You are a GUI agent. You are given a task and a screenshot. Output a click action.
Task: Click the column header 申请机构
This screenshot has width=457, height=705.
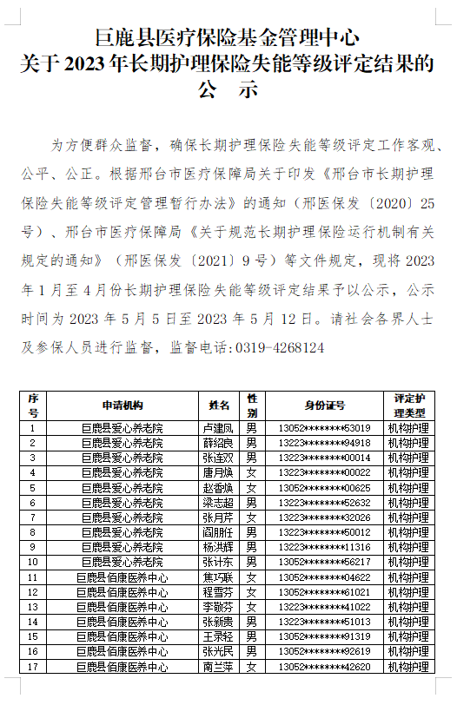coord(122,405)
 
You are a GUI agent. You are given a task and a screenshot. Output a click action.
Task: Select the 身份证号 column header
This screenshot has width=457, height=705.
coord(324,405)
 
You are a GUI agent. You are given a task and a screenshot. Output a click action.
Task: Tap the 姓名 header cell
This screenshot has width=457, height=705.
coord(219,405)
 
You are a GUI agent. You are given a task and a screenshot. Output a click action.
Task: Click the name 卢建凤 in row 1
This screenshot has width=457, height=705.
coord(219,428)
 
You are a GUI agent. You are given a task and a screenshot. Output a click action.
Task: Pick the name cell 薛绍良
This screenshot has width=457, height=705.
coord(219,443)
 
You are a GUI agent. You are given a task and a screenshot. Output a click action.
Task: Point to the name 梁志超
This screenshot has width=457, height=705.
coord(219,503)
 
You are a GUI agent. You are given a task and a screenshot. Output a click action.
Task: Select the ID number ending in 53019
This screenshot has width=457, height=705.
coord(324,428)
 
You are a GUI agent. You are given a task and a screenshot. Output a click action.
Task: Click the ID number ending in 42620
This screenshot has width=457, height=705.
coord(324,667)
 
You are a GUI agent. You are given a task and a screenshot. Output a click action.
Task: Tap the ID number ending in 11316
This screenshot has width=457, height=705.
coord(324,547)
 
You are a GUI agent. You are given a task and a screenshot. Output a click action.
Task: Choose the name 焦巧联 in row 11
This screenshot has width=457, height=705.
coord(219,577)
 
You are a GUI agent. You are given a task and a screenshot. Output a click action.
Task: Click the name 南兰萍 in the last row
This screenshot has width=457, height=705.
coord(219,667)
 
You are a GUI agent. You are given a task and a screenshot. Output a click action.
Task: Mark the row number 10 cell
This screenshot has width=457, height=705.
coord(33,562)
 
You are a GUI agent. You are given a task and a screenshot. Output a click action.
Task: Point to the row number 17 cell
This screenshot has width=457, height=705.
coord(33,667)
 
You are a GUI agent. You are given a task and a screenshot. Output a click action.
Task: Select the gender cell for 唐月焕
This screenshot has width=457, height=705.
coord(251,472)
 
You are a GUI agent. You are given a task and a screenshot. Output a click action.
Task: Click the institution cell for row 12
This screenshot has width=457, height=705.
coord(122,592)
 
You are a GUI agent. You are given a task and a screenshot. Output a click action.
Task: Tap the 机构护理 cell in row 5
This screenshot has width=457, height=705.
coord(407,488)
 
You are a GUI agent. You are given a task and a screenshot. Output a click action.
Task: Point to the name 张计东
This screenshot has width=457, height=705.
coord(219,562)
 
